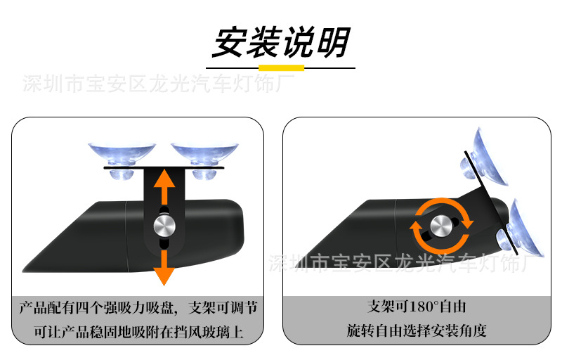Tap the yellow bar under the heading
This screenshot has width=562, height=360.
pos(281,68)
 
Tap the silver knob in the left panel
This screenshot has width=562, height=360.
pos(164,226)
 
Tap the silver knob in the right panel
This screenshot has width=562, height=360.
pos(440,226)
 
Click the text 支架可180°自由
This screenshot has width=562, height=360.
pos(417,307)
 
